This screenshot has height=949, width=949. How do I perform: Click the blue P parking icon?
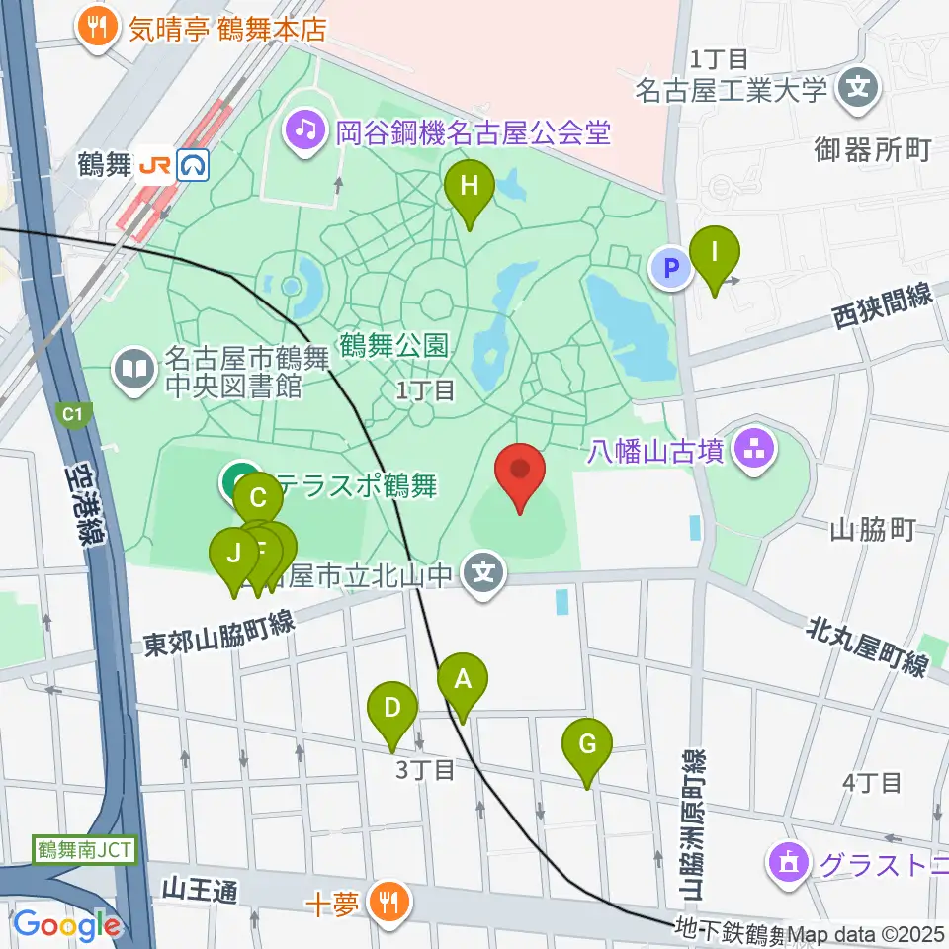[670, 267]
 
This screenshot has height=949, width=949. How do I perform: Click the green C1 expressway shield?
[72, 416]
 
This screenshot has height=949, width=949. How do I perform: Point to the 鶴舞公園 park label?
[394, 346]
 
